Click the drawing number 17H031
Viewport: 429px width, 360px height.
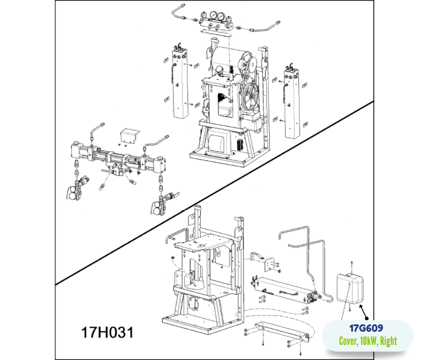pyautogui.click(x=108, y=332)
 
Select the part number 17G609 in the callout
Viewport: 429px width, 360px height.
pyautogui.click(x=366, y=328)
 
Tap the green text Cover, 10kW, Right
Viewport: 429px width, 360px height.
pyautogui.click(x=368, y=341)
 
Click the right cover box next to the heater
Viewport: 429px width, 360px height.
pyautogui.click(x=350, y=288)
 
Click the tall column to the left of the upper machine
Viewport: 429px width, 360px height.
pyautogui.click(x=180, y=84)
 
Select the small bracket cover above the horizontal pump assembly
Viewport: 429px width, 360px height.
pyautogui.click(x=130, y=135)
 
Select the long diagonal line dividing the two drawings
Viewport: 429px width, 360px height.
pyautogui.click(x=214, y=193)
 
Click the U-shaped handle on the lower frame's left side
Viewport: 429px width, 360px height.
pyautogui.click(x=176, y=236)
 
